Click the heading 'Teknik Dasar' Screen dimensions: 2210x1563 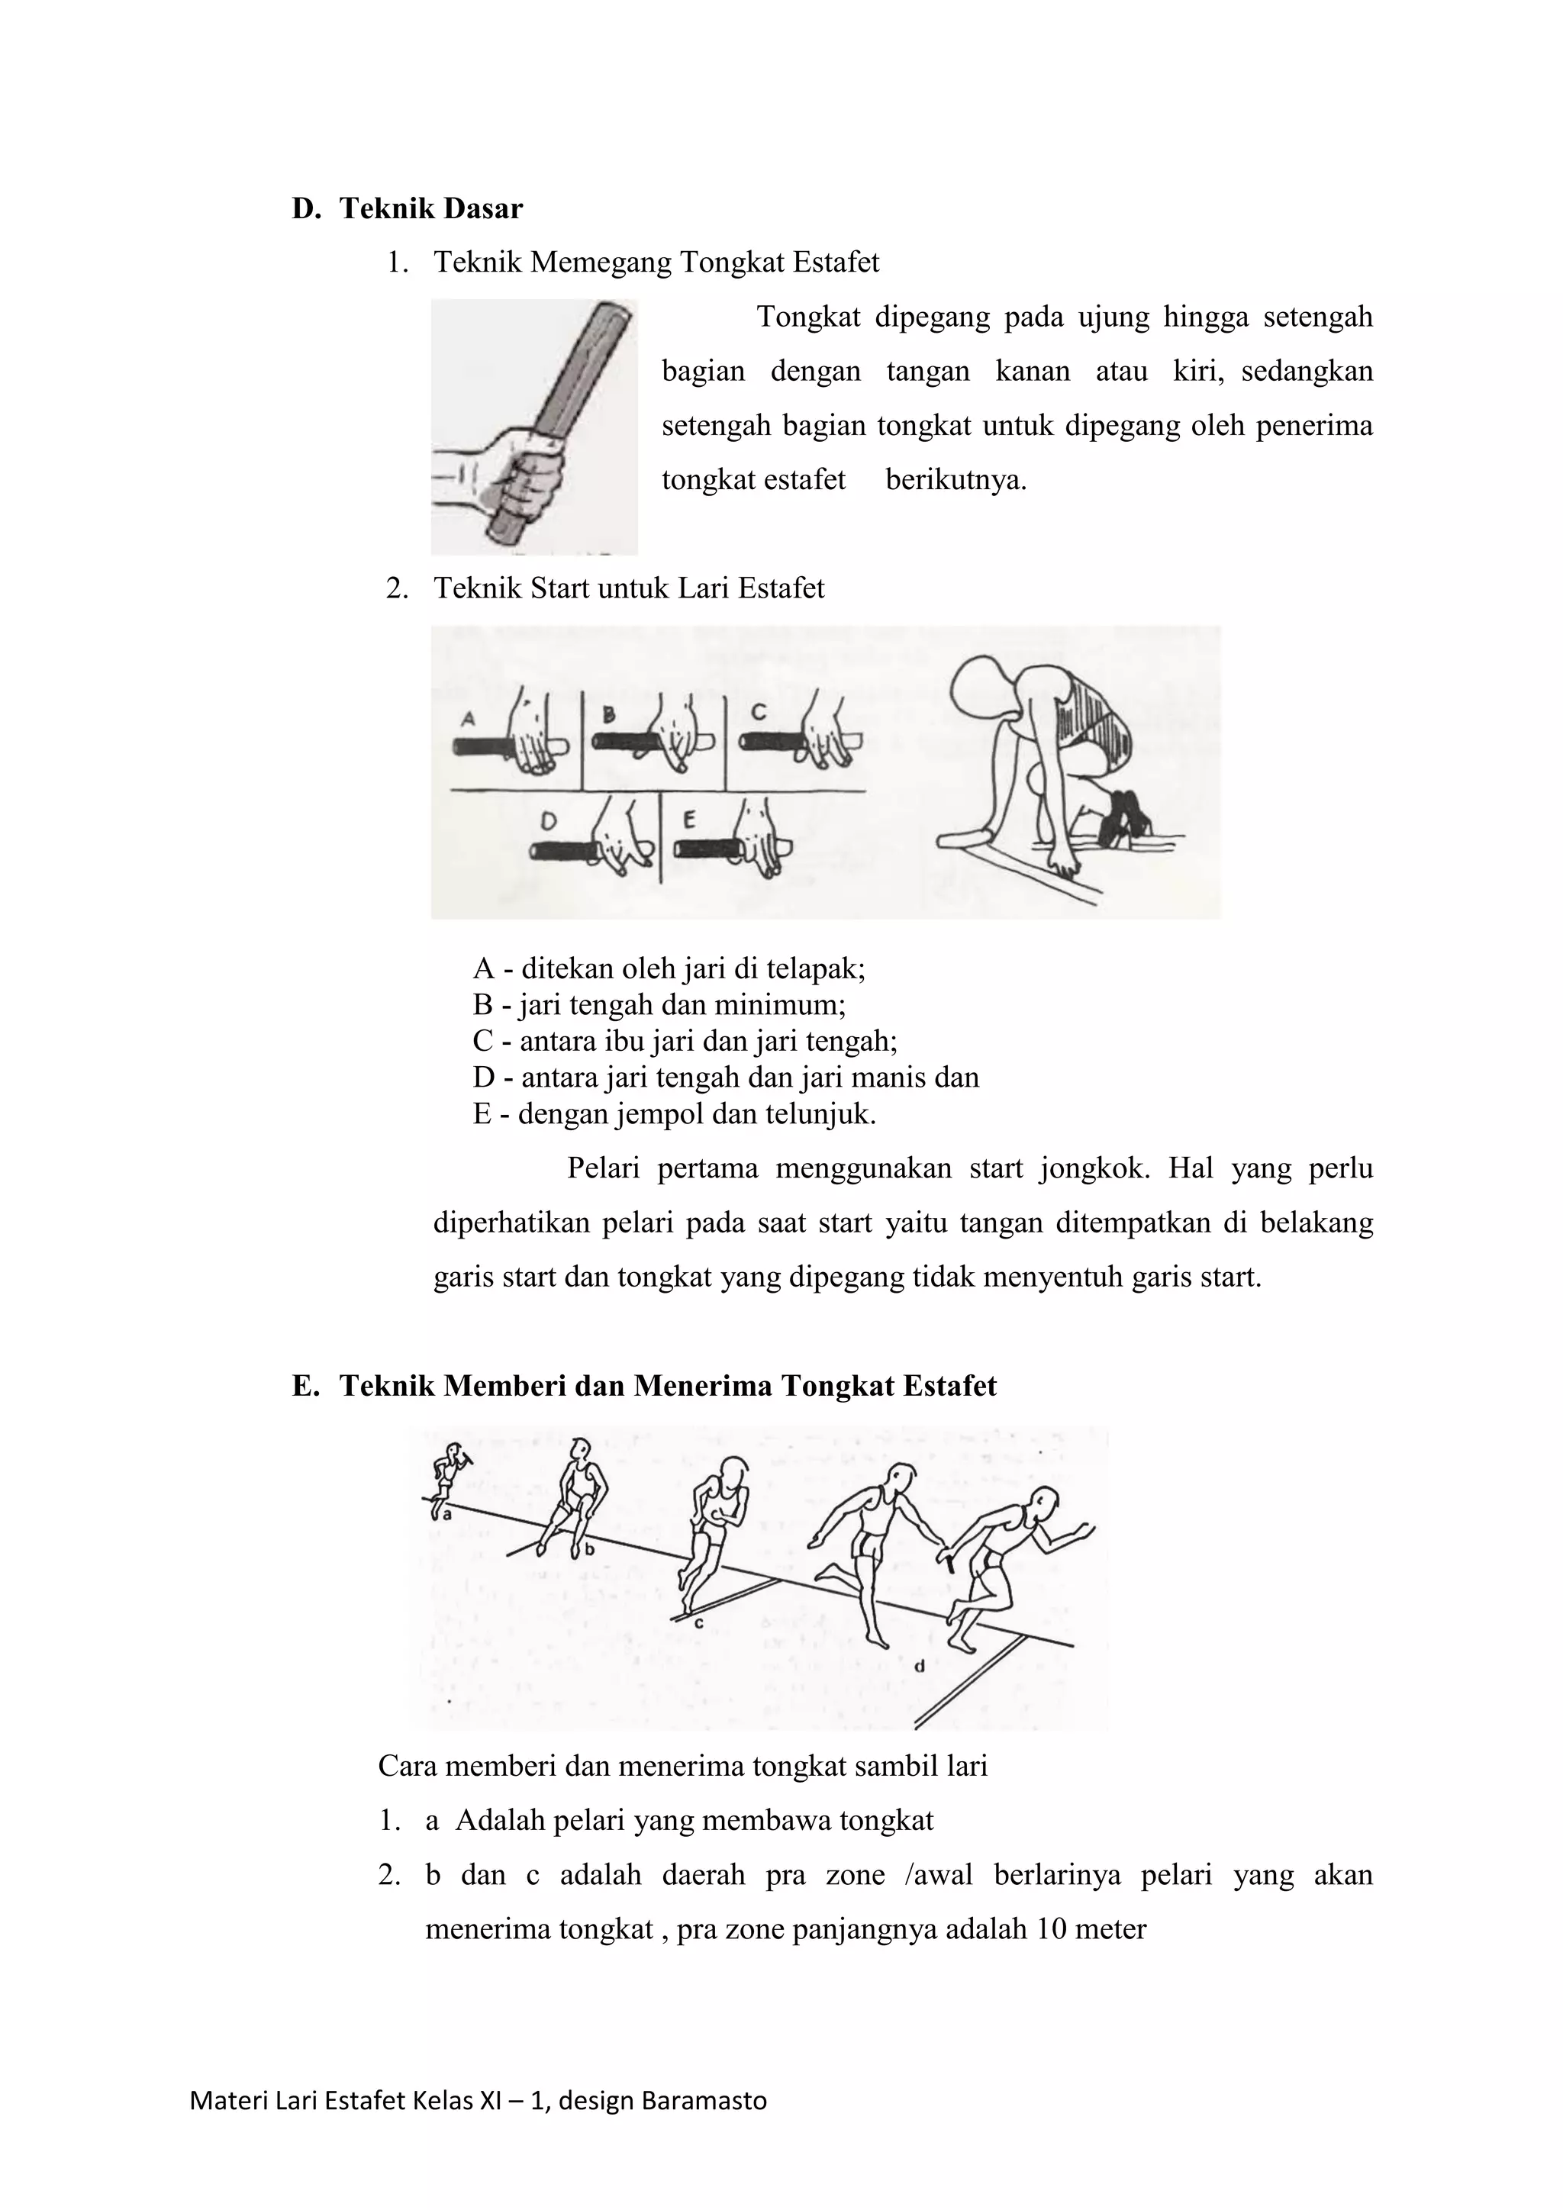[430, 209]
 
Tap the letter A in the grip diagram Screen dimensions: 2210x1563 [469, 718]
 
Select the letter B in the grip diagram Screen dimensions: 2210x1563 [609, 715]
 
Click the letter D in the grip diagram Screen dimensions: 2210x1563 [548, 821]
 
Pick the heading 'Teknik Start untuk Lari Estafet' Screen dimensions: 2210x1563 [628, 588]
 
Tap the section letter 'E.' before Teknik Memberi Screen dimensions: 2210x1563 [305, 1386]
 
